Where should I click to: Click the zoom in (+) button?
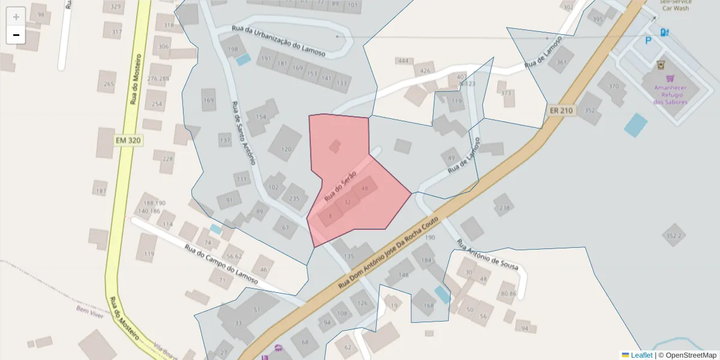(x=16, y=16)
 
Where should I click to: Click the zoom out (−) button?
(x=16, y=35)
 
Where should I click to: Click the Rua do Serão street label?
(x=340, y=185)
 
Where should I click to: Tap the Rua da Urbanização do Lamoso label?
(x=278, y=41)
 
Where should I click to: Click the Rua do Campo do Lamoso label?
(x=221, y=264)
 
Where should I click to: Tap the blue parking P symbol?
(x=648, y=41)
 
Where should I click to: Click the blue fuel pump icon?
(x=664, y=32)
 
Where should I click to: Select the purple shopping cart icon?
(x=670, y=78)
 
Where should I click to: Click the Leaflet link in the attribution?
(x=641, y=355)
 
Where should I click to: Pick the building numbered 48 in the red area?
(x=364, y=188)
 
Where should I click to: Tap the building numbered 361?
(x=562, y=62)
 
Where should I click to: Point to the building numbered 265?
(x=109, y=84)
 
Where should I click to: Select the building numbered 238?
(x=504, y=208)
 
